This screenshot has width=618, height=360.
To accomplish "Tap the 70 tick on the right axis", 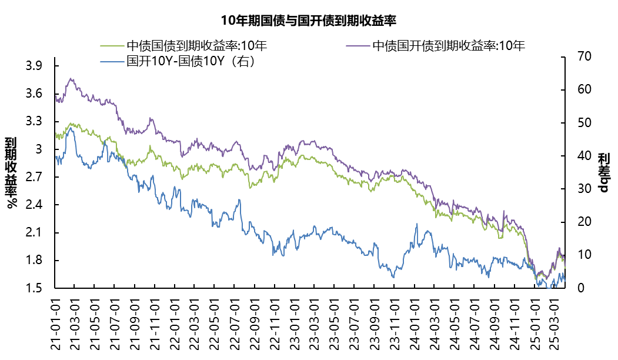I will click(x=576, y=57).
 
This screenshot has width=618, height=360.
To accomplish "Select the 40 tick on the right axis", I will click(x=576, y=156).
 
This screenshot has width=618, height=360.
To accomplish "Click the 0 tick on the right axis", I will click(x=573, y=288).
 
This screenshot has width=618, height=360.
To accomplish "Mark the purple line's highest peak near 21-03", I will click(x=71, y=78).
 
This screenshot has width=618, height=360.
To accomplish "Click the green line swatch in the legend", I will click(x=112, y=46).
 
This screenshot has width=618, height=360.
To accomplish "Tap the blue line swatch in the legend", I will click(x=112, y=61).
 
